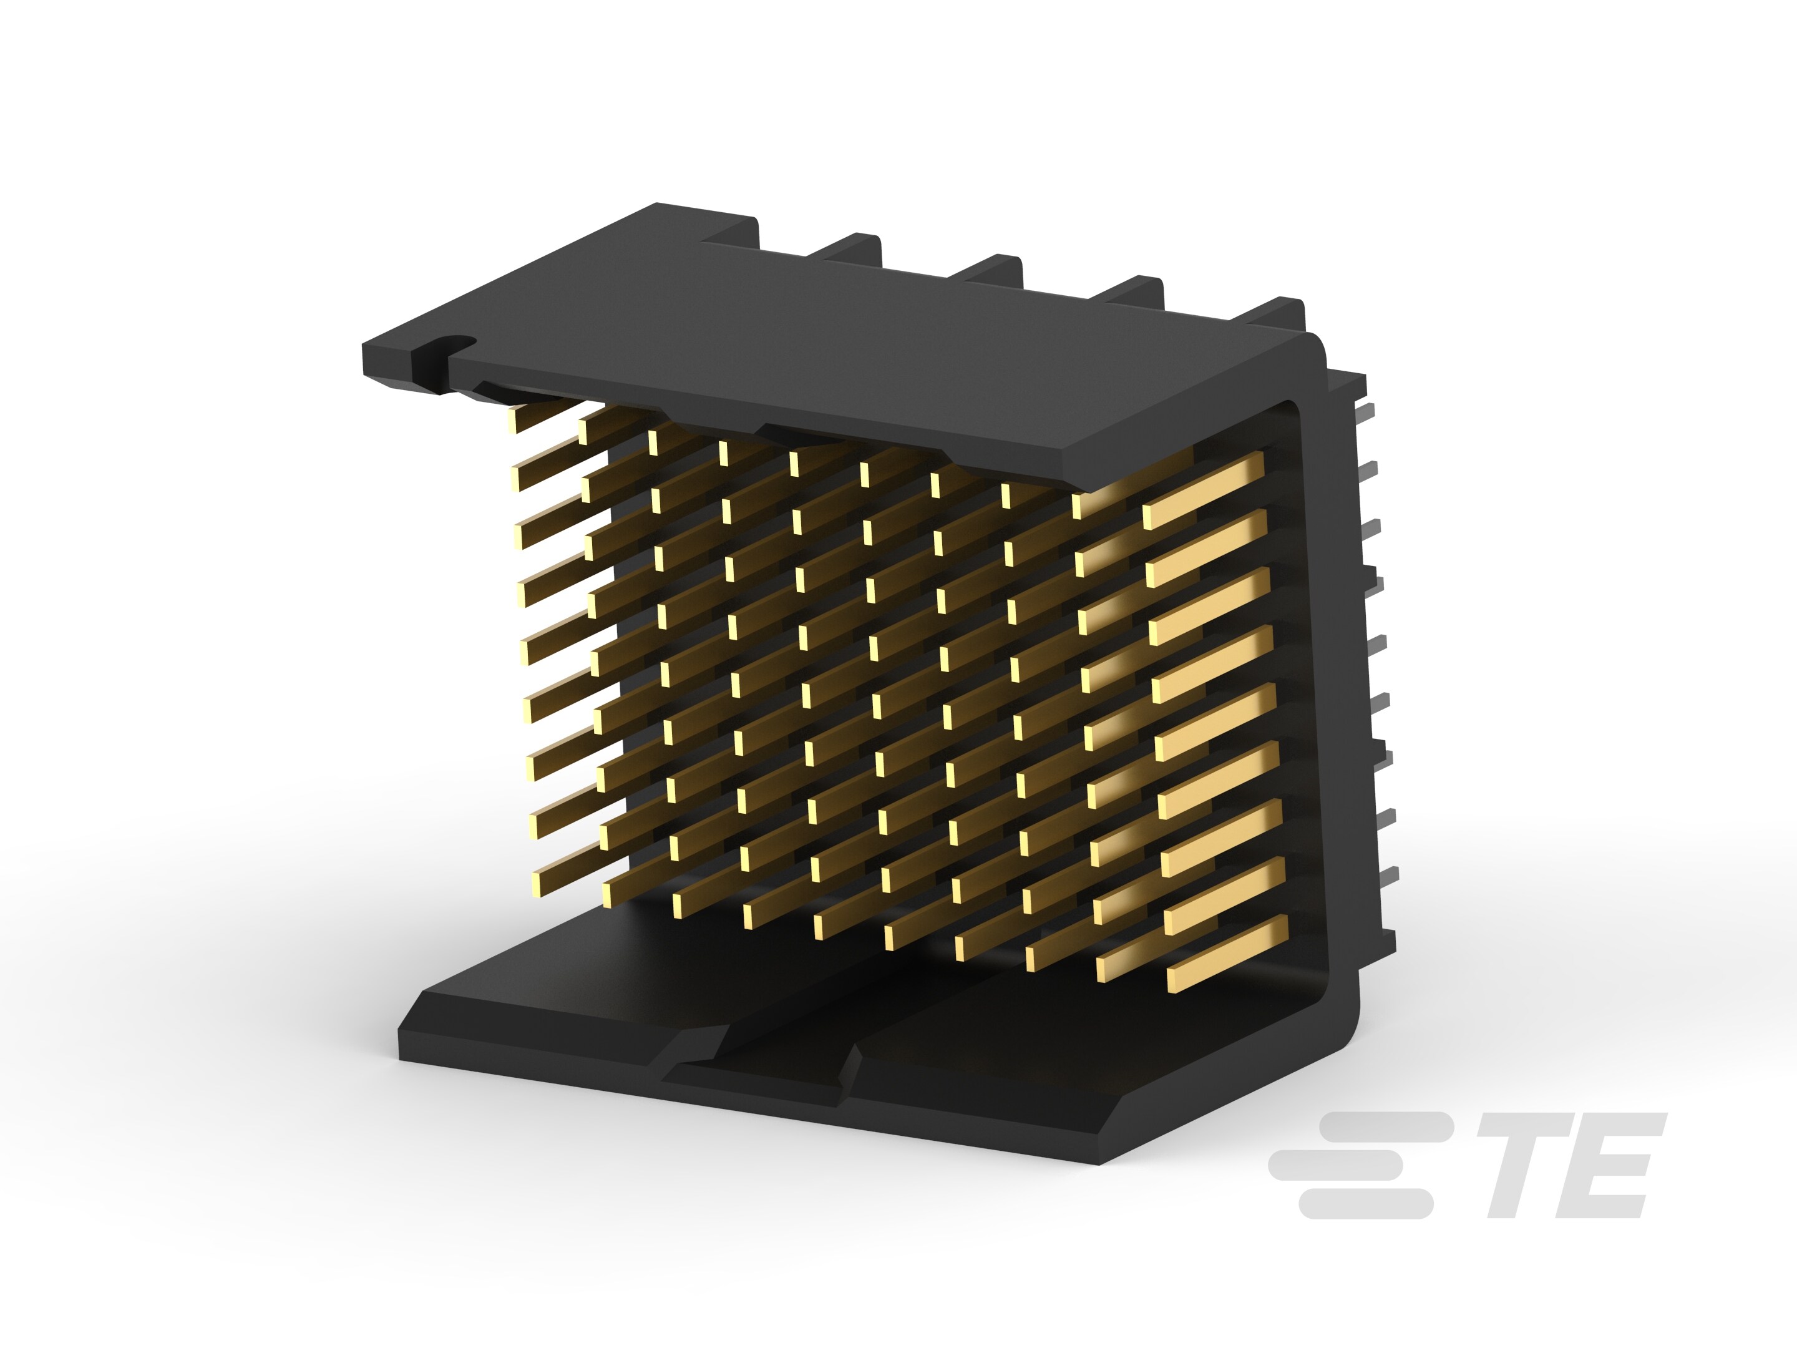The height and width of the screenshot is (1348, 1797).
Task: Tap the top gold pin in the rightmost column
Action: click(1204, 491)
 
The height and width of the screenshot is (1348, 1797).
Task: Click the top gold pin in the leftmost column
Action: click(540, 415)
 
